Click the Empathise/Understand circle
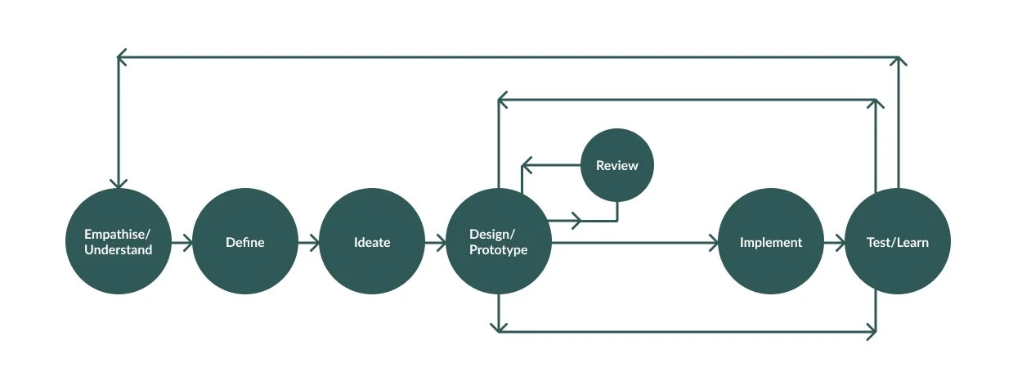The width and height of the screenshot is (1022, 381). pyautogui.click(x=119, y=242)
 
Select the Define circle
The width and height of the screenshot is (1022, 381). pyautogui.click(x=245, y=242)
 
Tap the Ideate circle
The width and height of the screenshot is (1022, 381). pyautogui.click(x=372, y=242)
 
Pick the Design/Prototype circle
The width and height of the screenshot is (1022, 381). pyautogui.click(x=499, y=242)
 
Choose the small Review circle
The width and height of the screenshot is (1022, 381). pyautogui.click(x=616, y=166)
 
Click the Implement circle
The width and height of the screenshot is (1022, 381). pyautogui.click(x=771, y=242)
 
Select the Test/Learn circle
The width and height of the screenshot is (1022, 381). pyautogui.click(x=898, y=242)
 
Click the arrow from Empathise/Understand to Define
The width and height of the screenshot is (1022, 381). pyautogui.click(x=182, y=242)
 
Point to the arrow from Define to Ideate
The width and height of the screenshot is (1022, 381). pyautogui.click(x=309, y=242)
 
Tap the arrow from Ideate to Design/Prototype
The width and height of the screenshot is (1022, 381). pyautogui.click(x=436, y=242)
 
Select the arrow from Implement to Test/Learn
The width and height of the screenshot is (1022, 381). pyautogui.click(x=835, y=242)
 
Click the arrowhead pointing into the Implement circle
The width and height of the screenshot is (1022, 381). pyautogui.click(x=713, y=242)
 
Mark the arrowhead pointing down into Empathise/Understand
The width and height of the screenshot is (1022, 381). pyautogui.click(x=119, y=183)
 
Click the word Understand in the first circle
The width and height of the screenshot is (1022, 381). pyautogui.click(x=119, y=250)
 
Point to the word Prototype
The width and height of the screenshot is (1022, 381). pyautogui.click(x=499, y=250)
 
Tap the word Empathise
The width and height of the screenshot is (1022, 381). pyautogui.click(x=117, y=234)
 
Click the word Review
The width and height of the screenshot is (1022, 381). pyautogui.click(x=616, y=166)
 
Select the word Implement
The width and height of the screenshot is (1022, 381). pyautogui.click(x=771, y=242)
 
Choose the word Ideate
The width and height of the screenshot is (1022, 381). pyautogui.click(x=372, y=242)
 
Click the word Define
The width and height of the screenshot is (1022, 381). pyautogui.click(x=245, y=242)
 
